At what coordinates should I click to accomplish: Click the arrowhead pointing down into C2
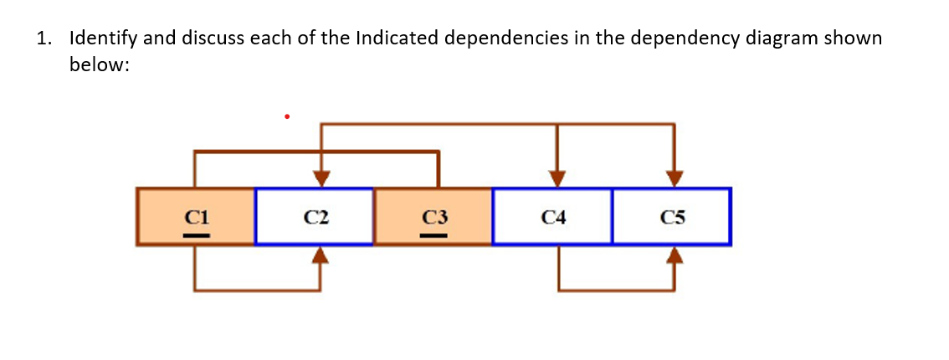tap(321, 178)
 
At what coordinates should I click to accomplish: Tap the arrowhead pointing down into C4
tap(557, 178)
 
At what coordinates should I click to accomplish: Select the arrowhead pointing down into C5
tap(675, 178)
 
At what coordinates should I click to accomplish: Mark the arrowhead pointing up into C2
tap(321, 255)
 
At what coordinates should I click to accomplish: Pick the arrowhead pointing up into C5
tap(675, 255)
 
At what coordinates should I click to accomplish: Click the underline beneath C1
tap(196, 234)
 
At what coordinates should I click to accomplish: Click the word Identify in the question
tap(103, 39)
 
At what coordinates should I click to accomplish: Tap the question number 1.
tap(43, 39)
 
